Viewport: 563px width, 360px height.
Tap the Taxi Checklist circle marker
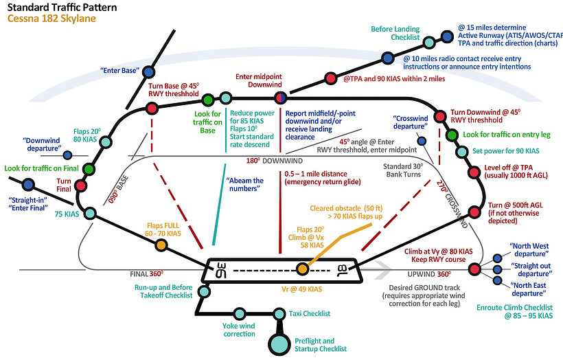279,315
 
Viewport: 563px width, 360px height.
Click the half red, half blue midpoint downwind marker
279,97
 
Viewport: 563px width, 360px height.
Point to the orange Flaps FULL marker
161,244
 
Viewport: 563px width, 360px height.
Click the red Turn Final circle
81,185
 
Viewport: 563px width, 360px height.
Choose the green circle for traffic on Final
88,168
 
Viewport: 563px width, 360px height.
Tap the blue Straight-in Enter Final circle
28,184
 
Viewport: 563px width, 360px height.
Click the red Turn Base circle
152,108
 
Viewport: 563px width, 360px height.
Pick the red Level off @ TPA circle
472,172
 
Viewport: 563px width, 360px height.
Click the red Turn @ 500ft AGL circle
473,211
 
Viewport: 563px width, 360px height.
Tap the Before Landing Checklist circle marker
429,43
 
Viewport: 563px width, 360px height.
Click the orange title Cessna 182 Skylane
51,19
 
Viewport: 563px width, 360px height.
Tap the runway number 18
341,269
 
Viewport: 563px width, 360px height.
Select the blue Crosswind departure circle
422,142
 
